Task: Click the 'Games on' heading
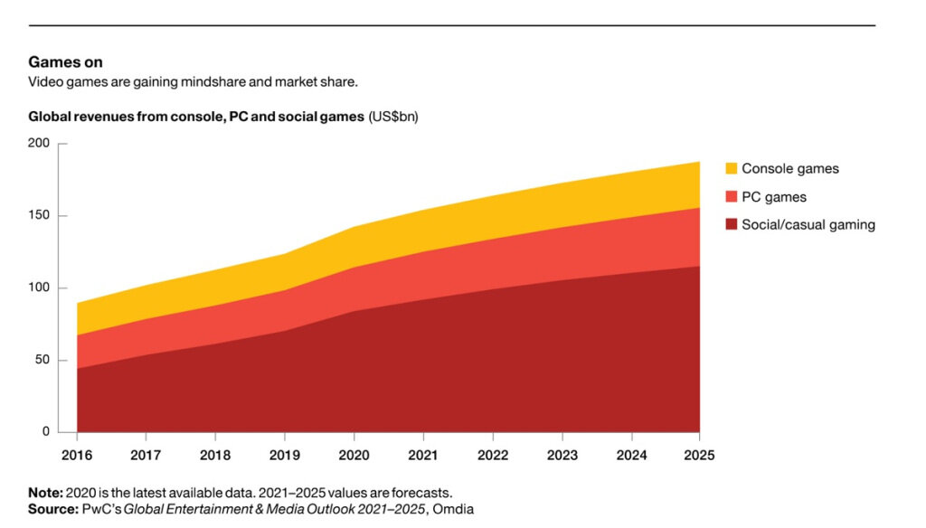click(65, 62)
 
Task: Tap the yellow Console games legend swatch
click(732, 168)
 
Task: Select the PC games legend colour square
click(732, 196)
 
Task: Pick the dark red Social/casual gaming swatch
click(732, 224)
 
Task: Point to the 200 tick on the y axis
click(39, 144)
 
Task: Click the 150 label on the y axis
click(39, 216)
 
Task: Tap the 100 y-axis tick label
click(39, 288)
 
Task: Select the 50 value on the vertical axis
click(43, 361)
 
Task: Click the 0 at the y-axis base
click(46, 432)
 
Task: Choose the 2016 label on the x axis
click(77, 456)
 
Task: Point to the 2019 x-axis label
click(284, 456)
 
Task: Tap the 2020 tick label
click(353, 456)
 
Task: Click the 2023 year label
click(561, 456)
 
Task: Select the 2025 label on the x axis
click(699, 456)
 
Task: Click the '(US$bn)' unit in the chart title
click(393, 117)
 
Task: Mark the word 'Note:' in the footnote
click(45, 493)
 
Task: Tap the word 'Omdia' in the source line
click(451, 508)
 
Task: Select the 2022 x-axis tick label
click(491, 456)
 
